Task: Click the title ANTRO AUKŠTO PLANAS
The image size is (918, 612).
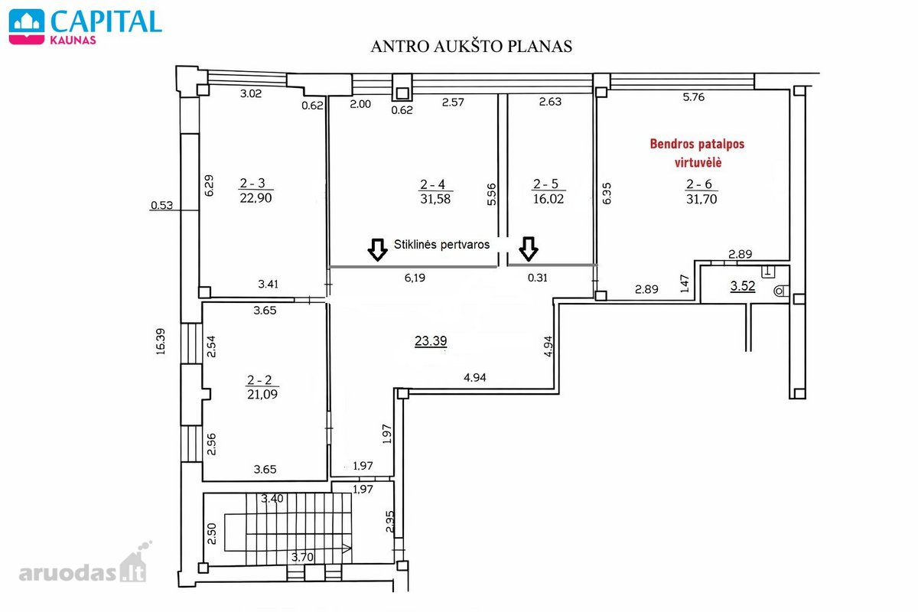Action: click(471, 47)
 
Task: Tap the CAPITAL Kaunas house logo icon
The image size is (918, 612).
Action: click(27, 27)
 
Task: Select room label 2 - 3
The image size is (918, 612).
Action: click(252, 183)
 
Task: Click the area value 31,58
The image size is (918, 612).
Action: click(435, 199)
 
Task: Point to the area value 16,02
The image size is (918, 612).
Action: click(549, 199)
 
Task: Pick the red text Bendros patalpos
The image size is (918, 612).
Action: click(697, 144)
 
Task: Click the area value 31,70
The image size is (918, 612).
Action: click(702, 199)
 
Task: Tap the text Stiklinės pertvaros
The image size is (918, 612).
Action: click(442, 245)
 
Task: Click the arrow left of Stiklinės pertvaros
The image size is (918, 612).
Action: click(377, 249)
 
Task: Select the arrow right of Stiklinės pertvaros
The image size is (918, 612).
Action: click(529, 249)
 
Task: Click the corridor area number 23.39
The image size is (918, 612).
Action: click(431, 340)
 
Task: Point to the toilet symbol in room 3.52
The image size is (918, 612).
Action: click(781, 291)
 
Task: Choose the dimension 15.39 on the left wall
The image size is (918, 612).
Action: click(161, 341)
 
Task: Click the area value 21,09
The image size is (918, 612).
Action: click(262, 394)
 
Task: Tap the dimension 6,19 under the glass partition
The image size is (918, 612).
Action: click(415, 278)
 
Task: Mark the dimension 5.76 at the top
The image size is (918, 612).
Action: click(693, 97)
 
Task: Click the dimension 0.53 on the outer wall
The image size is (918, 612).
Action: click(162, 205)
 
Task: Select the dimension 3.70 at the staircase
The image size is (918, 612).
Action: click(302, 557)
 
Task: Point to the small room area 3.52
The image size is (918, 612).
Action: click(743, 285)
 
